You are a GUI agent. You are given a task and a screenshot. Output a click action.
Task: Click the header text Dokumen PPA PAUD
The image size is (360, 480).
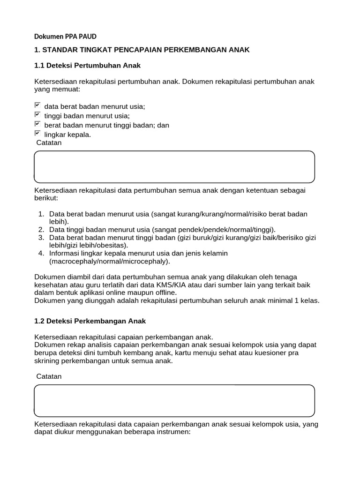click(x=66, y=37)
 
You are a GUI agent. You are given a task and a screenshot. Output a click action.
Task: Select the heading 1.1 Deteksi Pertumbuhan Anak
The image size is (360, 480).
click(x=88, y=65)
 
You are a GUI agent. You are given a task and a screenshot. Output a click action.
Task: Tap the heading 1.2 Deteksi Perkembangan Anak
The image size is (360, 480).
click(x=90, y=321)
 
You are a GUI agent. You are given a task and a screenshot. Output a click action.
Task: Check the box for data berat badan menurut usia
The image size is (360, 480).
click(x=37, y=105)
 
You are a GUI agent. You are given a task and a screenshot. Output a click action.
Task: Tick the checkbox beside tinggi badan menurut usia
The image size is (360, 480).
click(x=37, y=115)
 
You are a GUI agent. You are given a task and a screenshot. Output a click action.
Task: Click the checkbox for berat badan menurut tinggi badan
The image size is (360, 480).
click(x=37, y=124)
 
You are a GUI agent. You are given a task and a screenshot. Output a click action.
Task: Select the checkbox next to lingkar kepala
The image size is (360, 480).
click(x=37, y=134)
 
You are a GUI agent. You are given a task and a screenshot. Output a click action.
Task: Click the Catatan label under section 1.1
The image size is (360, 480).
click(x=49, y=143)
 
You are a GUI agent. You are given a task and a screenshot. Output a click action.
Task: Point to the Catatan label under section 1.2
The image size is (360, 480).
click(x=49, y=376)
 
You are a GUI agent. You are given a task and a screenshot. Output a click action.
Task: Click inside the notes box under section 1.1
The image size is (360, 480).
click(x=174, y=167)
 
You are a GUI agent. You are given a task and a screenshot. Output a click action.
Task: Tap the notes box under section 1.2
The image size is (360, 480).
click(x=174, y=400)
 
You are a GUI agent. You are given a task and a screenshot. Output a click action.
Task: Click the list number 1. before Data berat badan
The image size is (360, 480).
click(x=41, y=214)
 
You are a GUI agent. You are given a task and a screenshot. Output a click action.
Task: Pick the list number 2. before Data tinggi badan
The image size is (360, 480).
click(x=41, y=229)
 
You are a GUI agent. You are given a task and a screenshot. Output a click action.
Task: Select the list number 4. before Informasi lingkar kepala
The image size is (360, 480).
click(x=41, y=254)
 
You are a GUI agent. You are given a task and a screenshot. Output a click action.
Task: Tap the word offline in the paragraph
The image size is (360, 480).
click(x=164, y=292)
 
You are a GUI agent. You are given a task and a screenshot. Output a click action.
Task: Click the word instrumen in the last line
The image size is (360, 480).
click(x=174, y=432)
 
